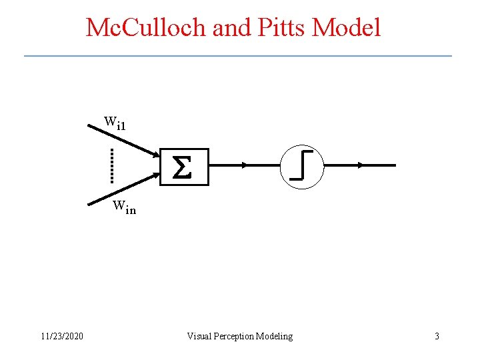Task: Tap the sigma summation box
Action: coord(184,166)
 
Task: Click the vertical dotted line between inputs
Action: coord(112,165)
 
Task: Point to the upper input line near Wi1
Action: coord(123,138)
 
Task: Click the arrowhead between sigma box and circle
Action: coord(245,165)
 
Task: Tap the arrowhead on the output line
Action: coord(360,165)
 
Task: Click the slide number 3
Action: coord(437,336)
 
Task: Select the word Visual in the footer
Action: coord(199,336)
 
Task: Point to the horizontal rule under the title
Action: coord(238,55)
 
